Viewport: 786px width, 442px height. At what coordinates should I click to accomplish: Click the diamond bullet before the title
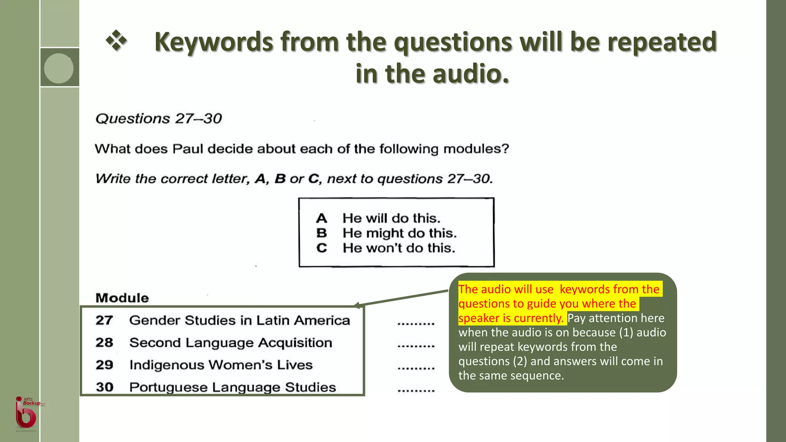pyautogui.click(x=116, y=41)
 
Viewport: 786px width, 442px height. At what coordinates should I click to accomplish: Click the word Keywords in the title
pyautogui.click(x=214, y=42)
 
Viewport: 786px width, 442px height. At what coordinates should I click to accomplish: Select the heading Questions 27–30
pyautogui.click(x=159, y=119)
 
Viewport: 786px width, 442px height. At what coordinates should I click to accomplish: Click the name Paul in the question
pyautogui.click(x=187, y=149)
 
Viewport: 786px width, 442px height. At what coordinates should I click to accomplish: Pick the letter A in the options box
pyautogui.click(x=322, y=218)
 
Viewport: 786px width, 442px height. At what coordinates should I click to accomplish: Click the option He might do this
pyautogui.click(x=399, y=233)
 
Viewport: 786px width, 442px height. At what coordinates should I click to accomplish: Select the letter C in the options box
pyautogui.click(x=322, y=248)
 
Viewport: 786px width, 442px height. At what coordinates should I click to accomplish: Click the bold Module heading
pyautogui.click(x=122, y=298)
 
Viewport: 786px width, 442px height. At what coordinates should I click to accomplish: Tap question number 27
pyautogui.click(x=104, y=320)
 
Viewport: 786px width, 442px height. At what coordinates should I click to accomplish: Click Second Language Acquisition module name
pyautogui.click(x=231, y=343)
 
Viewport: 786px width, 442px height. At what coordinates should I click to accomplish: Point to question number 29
pyautogui.click(x=104, y=365)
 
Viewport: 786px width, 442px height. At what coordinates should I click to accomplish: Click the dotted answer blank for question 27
pyautogui.click(x=416, y=323)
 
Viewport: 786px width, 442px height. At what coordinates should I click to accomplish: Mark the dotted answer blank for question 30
pyautogui.click(x=416, y=390)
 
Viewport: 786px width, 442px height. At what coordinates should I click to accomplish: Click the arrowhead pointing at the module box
pyautogui.click(x=357, y=305)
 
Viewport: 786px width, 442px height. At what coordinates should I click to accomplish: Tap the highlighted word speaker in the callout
pyautogui.click(x=479, y=318)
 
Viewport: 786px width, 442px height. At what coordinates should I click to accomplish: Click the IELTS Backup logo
pyautogui.click(x=26, y=413)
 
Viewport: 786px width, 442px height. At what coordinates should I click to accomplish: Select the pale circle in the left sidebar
pyautogui.click(x=59, y=68)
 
